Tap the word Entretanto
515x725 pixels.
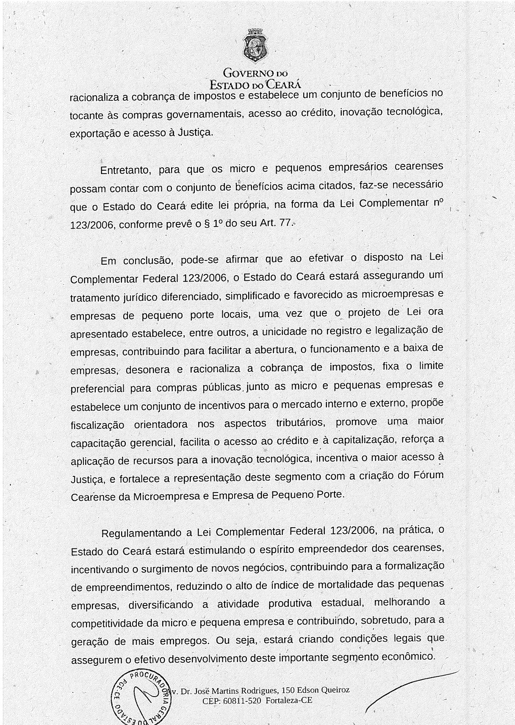pyautogui.click(x=125, y=171)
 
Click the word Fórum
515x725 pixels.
pyautogui.click(x=428, y=475)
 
